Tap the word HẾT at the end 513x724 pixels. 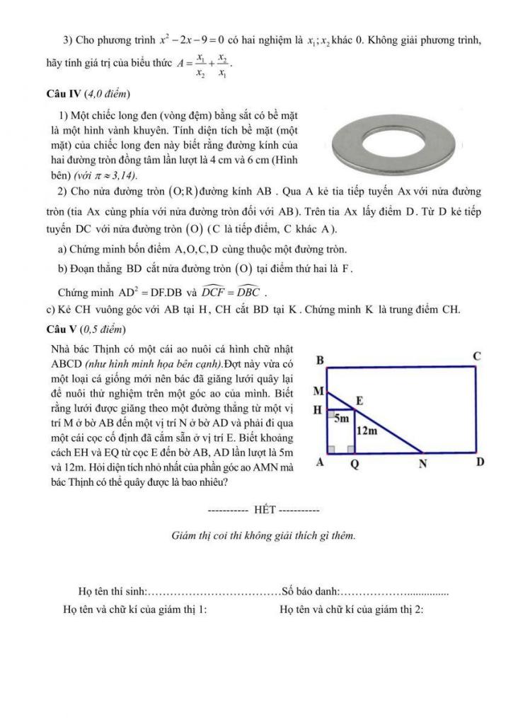click(263, 509)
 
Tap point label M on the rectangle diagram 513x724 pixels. click(318, 391)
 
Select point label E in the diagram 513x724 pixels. click(359, 401)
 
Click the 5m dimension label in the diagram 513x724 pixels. click(342, 418)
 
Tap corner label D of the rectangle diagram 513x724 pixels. click(480, 463)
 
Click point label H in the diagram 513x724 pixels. click(318, 410)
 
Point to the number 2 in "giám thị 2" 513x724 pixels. click(419, 609)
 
